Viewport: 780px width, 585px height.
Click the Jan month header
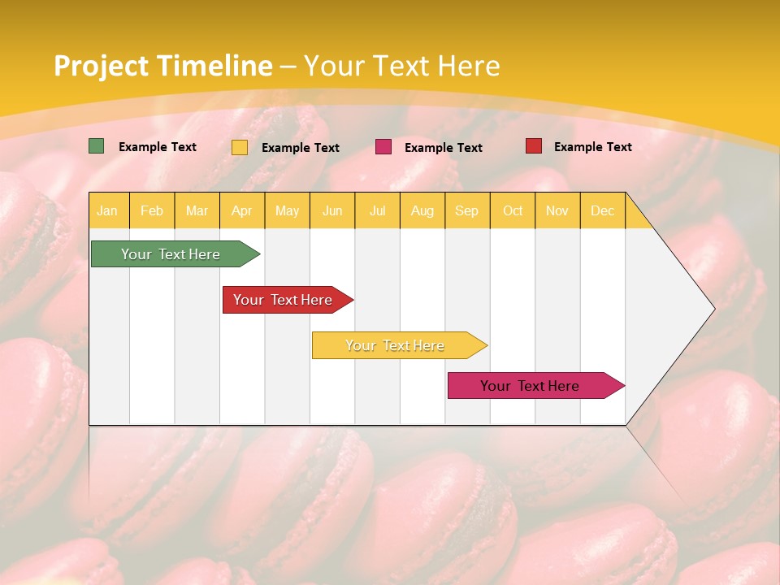pos(107,211)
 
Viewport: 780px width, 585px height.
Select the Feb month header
pos(152,211)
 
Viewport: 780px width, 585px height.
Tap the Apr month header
pos(241,211)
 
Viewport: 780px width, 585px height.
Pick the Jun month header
pos(332,211)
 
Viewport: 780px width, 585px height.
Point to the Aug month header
pos(422,211)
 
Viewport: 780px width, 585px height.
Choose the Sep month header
pos(466,211)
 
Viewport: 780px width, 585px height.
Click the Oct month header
pos(513,211)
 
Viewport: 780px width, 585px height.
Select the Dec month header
pos(602,211)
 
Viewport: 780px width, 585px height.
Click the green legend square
pos(97,146)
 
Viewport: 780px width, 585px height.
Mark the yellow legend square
pos(240,147)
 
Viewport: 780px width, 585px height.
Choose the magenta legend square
pos(383,147)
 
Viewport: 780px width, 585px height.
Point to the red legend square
pos(534,146)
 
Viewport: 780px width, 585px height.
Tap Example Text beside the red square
pos(592,147)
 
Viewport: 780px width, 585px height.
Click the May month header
pos(287,211)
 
